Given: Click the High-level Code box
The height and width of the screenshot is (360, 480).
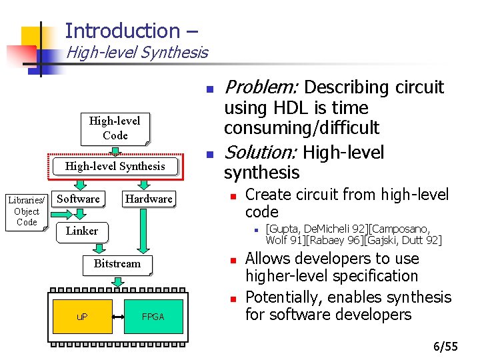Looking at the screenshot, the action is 115,128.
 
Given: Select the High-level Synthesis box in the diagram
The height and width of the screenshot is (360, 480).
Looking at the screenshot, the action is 115,166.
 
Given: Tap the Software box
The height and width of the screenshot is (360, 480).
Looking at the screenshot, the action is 78,199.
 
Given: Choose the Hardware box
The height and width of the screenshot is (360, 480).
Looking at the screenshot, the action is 149,199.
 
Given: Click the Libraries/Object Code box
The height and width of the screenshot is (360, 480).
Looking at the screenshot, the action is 27,211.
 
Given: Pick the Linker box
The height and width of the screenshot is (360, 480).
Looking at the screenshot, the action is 82,231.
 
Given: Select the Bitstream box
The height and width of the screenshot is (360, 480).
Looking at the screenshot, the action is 117,263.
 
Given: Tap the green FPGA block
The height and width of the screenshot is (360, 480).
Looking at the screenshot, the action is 153,316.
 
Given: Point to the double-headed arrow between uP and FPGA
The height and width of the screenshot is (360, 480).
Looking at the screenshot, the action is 125,316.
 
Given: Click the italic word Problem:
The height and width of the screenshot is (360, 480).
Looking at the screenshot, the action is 261,87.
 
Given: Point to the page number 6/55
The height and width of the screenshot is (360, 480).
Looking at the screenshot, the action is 445,346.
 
